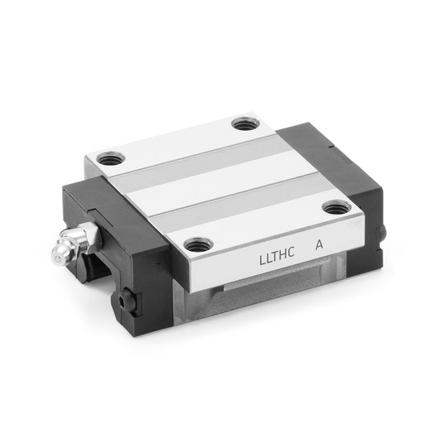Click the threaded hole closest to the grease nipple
pyautogui.click(x=108, y=156)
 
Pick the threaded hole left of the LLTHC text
pyautogui.click(x=196, y=244)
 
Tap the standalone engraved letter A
pyautogui.click(x=318, y=245)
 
